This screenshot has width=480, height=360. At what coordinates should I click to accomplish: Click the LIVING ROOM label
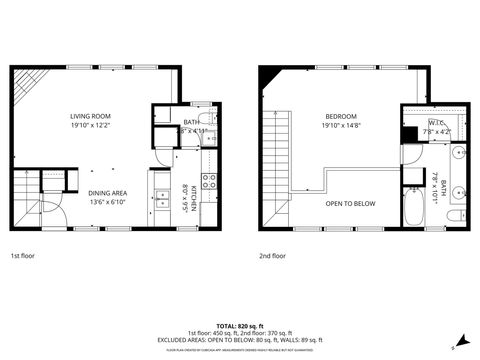pyautogui.click(x=89, y=115)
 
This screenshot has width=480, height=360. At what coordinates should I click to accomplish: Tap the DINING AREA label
pyautogui.click(x=107, y=192)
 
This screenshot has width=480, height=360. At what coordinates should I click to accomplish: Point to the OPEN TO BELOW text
pyautogui.click(x=350, y=203)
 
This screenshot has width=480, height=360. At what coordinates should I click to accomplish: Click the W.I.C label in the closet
pyautogui.click(x=437, y=123)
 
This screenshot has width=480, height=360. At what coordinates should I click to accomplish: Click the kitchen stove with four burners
pyautogui.click(x=210, y=181)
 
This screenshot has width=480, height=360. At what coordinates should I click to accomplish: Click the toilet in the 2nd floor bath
pyautogui.click(x=454, y=217)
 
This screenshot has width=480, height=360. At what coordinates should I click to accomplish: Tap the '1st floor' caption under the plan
pyautogui.click(x=23, y=255)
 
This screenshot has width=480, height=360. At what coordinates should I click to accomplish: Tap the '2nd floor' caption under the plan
pyautogui.click(x=272, y=255)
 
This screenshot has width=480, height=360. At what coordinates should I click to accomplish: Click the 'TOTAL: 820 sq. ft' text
pyautogui.click(x=239, y=326)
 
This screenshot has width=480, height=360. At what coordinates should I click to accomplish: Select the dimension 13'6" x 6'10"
pyautogui.click(x=107, y=202)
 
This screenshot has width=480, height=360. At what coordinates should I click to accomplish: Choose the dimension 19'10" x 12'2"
pyautogui.click(x=89, y=126)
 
